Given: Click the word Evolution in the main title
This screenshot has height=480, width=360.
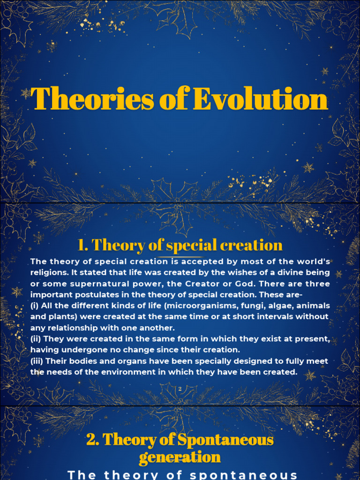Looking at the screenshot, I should (260, 99).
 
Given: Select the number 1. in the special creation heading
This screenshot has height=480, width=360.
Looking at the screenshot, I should (83, 245).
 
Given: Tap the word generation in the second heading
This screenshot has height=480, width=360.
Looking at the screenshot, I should (180, 457).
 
